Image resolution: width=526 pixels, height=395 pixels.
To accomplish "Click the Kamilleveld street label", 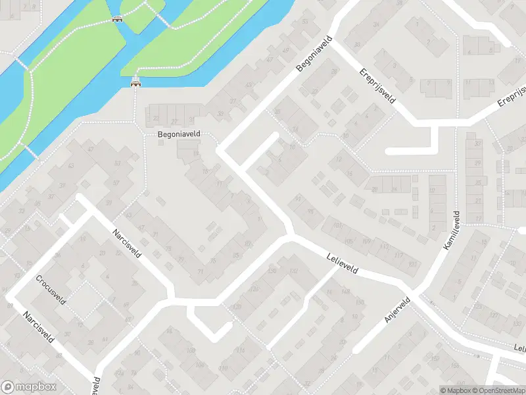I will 448,230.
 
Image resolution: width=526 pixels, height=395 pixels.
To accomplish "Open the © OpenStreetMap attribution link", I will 497,390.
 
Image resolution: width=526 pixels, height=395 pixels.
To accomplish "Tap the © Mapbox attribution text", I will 455,390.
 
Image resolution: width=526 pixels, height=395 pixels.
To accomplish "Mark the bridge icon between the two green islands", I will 118,18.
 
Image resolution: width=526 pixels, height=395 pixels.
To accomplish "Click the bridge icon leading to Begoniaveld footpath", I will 136,83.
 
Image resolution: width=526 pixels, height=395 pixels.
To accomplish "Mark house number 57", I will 116,182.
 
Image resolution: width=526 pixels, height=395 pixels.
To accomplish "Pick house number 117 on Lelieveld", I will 398,255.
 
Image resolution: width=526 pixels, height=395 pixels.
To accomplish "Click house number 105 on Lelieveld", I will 348,241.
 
